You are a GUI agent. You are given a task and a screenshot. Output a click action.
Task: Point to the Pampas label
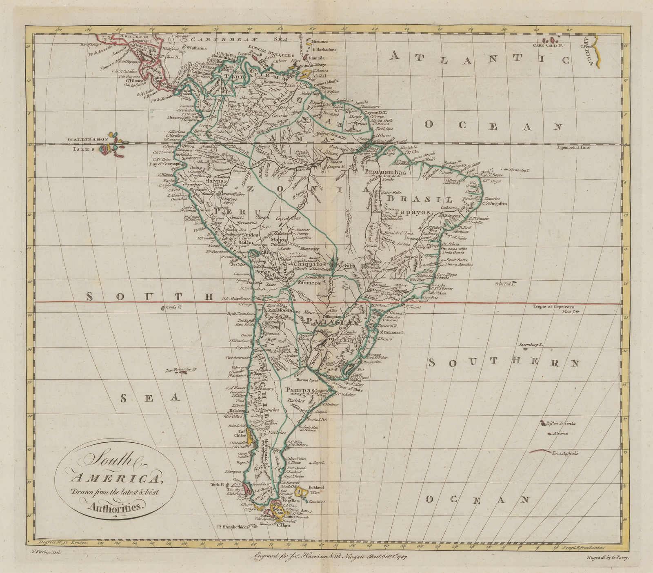[300, 390]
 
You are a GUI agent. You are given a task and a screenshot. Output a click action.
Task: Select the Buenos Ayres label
[308, 379]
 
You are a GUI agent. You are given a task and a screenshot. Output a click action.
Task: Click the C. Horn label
[283, 525]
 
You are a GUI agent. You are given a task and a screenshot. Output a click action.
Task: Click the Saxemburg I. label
[531, 345]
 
